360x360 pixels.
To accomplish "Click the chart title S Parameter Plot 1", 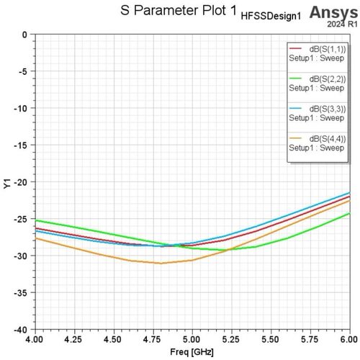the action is pos(179,11).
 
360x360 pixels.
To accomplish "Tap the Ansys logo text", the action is pos(333,12).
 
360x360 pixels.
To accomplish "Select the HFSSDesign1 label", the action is pos(271,17).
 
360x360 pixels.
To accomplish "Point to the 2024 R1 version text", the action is pos(342,24).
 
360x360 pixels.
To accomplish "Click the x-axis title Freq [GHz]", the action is pos(192,352).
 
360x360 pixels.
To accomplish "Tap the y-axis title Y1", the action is pos(7,184).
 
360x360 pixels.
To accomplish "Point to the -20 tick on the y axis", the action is pos(21,182).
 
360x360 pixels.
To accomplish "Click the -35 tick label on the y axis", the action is pos(21,293).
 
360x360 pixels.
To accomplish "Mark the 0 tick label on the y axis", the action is pos(24,35).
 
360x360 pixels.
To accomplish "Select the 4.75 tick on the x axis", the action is pos(153,339).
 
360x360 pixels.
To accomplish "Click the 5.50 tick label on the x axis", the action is pos(271,339).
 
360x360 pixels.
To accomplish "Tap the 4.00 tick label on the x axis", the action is pos(35,339).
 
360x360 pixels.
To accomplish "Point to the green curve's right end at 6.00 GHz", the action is pos(350,213).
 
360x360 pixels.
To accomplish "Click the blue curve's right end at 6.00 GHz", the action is pos(350,192).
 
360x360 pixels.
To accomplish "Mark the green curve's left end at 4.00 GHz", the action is pos(36,220).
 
